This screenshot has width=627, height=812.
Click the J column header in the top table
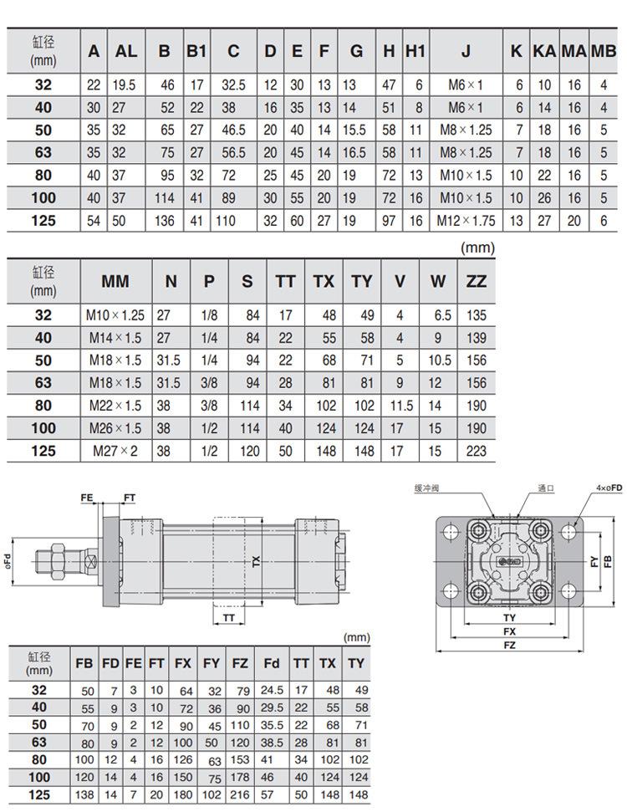tap(466, 51)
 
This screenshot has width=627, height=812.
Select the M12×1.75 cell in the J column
tap(466, 221)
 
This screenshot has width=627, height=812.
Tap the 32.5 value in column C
tap(233, 85)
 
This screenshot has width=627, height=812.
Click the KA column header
tap(544, 51)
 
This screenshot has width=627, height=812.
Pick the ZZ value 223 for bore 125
tap(477, 451)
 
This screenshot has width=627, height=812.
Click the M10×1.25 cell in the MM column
tap(115, 315)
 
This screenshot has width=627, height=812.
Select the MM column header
tap(115, 281)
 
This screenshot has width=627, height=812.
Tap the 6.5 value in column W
tap(440, 315)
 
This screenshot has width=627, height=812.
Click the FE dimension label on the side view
tap(86, 498)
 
